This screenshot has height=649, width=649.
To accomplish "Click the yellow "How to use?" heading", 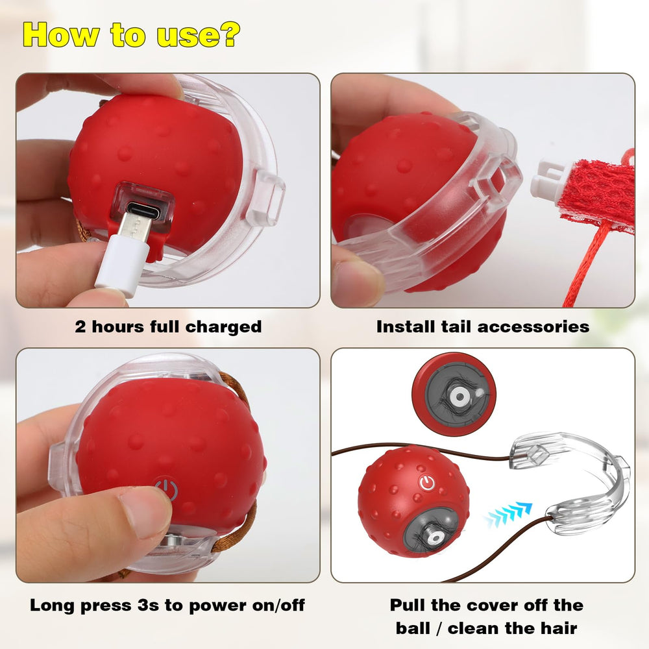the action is pyautogui.click(x=132, y=35).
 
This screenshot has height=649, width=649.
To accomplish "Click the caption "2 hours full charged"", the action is pyautogui.click(x=168, y=326).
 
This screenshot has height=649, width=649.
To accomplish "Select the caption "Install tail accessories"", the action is pyautogui.click(x=483, y=326).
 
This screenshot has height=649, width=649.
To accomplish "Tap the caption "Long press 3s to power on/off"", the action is pyautogui.click(x=167, y=605).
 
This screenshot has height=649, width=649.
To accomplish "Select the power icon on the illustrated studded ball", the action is pyautogui.click(x=427, y=483).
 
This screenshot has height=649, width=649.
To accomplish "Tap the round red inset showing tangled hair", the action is pyautogui.click(x=454, y=394).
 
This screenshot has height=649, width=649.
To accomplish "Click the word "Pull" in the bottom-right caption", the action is pyautogui.click(x=408, y=605).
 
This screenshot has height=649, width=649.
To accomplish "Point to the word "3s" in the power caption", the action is pyautogui.click(x=148, y=606).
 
